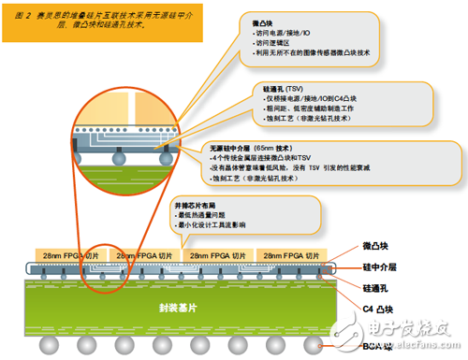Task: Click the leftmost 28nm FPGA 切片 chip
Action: (66, 255)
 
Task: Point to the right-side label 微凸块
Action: (375, 245)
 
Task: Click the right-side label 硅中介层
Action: (378, 267)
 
